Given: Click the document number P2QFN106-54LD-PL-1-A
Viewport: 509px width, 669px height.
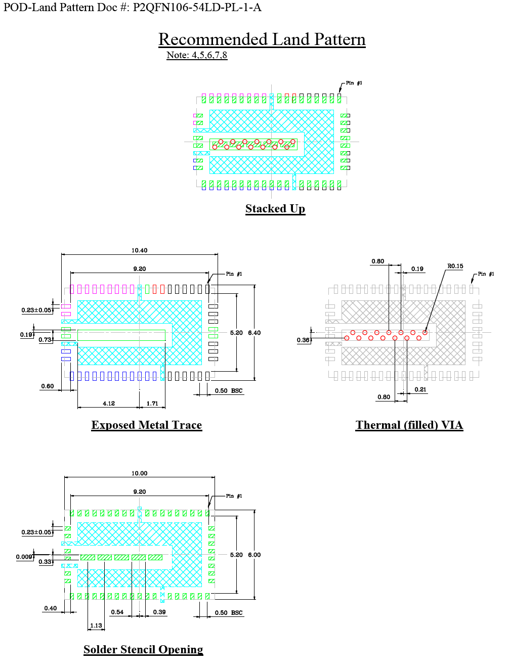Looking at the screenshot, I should click(197, 7).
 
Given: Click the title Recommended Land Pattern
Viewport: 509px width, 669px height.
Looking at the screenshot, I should click(262, 39).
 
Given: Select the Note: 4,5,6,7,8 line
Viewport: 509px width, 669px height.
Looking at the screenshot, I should click(197, 55).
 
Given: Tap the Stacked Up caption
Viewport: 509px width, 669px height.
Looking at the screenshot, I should click(275, 208).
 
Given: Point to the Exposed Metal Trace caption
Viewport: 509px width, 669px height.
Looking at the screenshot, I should click(146, 425).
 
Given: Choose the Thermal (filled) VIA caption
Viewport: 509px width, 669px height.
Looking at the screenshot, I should click(409, 425).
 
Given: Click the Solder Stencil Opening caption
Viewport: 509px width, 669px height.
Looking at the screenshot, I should click(143, 649).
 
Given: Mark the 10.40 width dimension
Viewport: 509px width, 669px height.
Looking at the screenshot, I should click(139, 250).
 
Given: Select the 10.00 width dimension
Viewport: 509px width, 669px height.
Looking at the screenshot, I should click(139, 473).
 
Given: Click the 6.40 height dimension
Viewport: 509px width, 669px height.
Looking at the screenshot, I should click(254, 333).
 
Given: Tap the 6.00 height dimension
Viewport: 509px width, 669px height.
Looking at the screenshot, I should click(254, 555).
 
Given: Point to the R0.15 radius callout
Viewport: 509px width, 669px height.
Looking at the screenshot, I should click(455, 266).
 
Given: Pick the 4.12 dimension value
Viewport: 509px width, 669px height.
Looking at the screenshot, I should click(109, 404).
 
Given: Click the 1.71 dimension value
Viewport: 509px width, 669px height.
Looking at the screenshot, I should click(152, 404).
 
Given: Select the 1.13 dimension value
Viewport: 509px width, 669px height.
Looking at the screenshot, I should click(96, 626).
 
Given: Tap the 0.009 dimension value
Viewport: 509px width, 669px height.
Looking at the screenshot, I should click(24, 557).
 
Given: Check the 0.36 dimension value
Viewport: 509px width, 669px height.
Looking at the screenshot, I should click(303, 340).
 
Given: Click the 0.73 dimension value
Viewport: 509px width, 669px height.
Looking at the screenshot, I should click(45, 340).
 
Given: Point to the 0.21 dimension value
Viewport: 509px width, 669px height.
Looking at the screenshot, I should click(420, 389).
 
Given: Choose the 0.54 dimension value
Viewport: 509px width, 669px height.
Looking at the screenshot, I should click(117, 612).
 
